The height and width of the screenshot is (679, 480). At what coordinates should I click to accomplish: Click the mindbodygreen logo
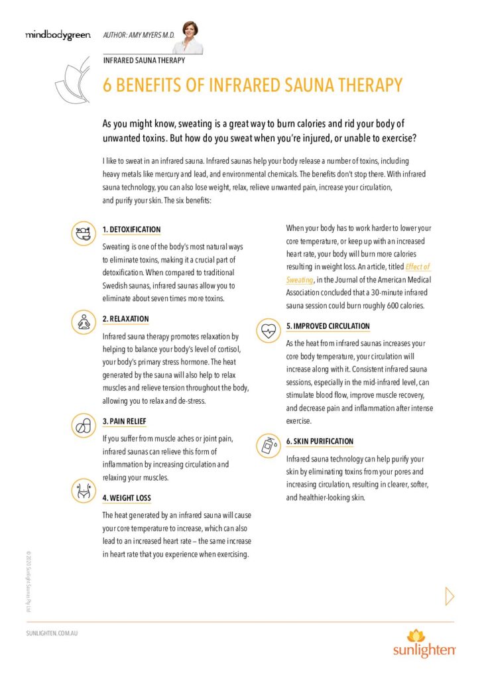(x=53, y=35)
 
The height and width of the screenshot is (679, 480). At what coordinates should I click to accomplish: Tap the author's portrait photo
(x=187, y=38)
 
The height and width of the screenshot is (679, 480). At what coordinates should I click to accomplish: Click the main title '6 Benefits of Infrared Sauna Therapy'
(x=252, y=86)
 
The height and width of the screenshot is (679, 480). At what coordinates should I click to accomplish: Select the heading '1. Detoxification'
(x=131, y=229)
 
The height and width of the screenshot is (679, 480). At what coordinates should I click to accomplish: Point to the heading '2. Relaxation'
(x=125, y=319)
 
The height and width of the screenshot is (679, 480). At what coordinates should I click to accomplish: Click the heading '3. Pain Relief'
(x=124, y=421)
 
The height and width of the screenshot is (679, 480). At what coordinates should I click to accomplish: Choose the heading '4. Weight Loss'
(x=127, y=498)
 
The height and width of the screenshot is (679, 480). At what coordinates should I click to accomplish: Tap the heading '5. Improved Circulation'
(x=328, y=326)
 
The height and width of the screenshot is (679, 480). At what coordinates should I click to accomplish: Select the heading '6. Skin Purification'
(x=320, y=441)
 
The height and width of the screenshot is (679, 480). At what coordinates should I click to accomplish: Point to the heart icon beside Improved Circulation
(x=268, y=330)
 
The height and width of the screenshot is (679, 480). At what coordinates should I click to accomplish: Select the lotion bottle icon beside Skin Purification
(x=268, y=445)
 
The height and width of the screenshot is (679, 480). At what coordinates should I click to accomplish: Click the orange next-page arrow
(x=450, y=596)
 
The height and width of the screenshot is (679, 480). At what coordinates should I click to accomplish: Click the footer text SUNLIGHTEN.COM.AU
(x=52, y=634)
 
